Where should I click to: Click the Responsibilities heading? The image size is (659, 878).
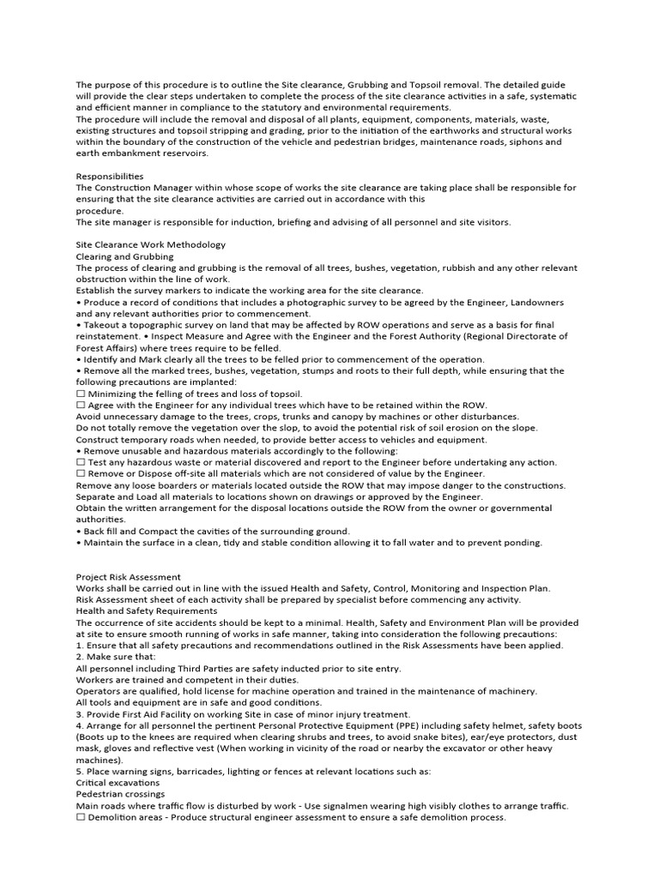(x=110, y=177)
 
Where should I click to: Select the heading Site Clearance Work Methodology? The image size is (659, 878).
(x=151, y=244)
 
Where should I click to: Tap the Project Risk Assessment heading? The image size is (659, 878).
(x=129, y=577)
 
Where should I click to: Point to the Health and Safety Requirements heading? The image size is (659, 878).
(x=147, y=611)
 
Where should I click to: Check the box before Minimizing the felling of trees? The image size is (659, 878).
(x=81, y=394)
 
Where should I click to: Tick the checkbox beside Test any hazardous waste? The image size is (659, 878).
(x=81, y=462)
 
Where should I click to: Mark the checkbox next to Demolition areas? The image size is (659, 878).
(x=81, y=817)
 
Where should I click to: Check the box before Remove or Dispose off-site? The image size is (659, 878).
(x=81, y=473)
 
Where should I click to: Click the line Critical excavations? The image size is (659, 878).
(x=118, y=783)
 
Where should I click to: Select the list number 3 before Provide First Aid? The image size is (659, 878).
(x=79, y=714)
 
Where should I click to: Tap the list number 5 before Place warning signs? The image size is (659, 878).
(x=79, y=772)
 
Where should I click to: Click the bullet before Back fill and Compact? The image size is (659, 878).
(x=78, y=532)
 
